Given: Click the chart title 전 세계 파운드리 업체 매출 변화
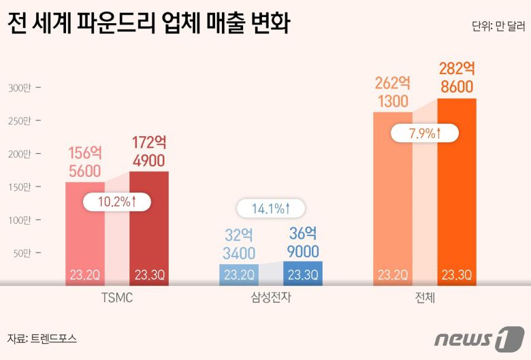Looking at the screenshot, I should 148,24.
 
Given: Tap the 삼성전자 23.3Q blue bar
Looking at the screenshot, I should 303,274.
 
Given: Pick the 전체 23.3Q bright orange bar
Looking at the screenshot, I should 457,197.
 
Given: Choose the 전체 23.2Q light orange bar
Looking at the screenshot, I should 393,204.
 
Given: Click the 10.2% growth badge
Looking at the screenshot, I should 117,201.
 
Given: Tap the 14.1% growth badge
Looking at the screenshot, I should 270,208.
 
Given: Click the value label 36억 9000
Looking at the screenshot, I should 303,243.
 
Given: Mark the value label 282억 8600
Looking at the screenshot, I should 457,78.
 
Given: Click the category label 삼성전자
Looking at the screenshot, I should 270,298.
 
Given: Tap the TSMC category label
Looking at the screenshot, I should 116,298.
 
